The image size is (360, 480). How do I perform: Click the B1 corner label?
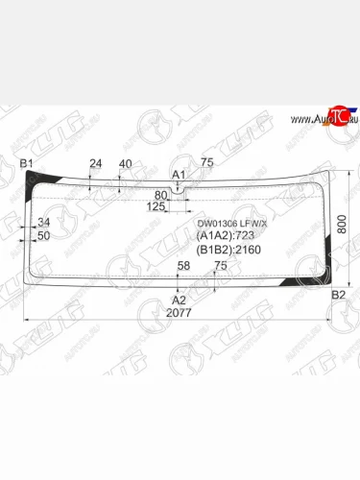(27, 163)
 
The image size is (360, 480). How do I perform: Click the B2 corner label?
(337, 295)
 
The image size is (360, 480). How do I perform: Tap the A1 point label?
(178, 174)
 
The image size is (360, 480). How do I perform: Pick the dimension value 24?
(95, 163)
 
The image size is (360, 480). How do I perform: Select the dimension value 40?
(125, 163)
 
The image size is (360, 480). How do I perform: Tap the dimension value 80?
(160, 195)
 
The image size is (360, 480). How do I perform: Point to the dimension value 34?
(44, 223)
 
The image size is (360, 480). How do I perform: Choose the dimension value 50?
(44, 235)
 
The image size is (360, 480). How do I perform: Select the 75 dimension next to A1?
(206, 163)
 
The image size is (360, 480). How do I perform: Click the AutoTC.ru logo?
(323, 118)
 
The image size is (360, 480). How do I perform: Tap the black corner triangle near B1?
(38, 180)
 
